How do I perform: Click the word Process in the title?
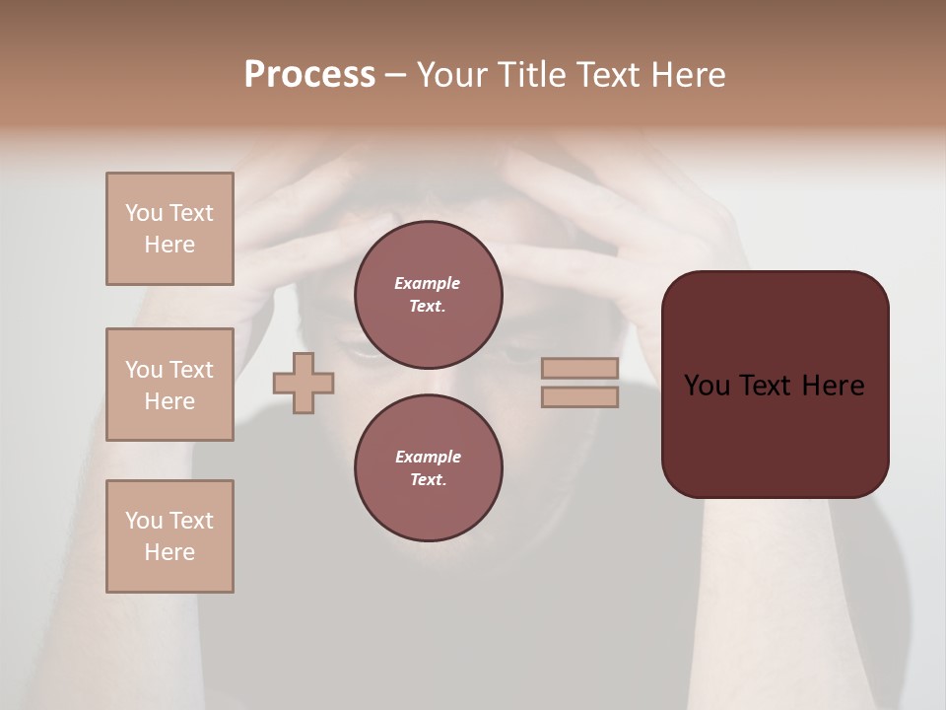click(309, 75)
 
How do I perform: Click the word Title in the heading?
click(538, 75)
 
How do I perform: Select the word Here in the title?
click(688, 75)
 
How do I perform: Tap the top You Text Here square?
click(169, 229)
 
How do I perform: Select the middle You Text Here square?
click(169, 385)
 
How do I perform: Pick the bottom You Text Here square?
click(169, 536)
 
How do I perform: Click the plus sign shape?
click(304, 383)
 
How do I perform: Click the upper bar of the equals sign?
click(579, 369)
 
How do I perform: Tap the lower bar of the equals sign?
click(579, 397)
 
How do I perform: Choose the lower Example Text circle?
click(428, 468)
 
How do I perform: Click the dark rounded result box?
click(775, 434)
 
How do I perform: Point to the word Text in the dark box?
click(768, 386)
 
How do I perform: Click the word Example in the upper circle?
click(427, 283)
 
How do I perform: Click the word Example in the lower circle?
click(428, 457)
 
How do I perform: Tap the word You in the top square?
click(144, 213)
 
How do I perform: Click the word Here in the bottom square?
click(169, 552)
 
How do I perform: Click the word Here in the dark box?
click(833, 386)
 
